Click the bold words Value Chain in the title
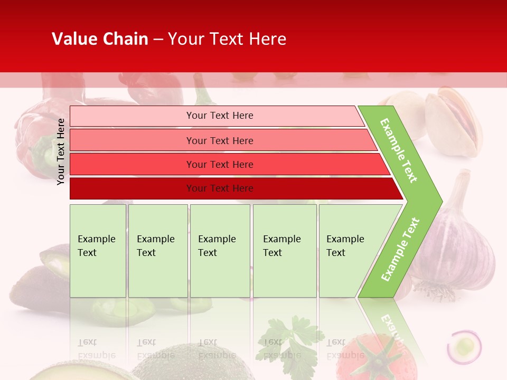click(100, 39)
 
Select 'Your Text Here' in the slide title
click(227, 39)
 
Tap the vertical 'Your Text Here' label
click(61, 151)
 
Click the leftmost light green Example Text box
click(98, 250)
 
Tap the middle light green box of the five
click(220, 250)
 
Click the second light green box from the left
click(158, 250)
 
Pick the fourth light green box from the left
click(285, 250)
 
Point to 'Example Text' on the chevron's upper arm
click(399, 150)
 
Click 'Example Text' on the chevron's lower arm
click(400, 249)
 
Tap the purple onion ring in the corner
click(464, 346)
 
